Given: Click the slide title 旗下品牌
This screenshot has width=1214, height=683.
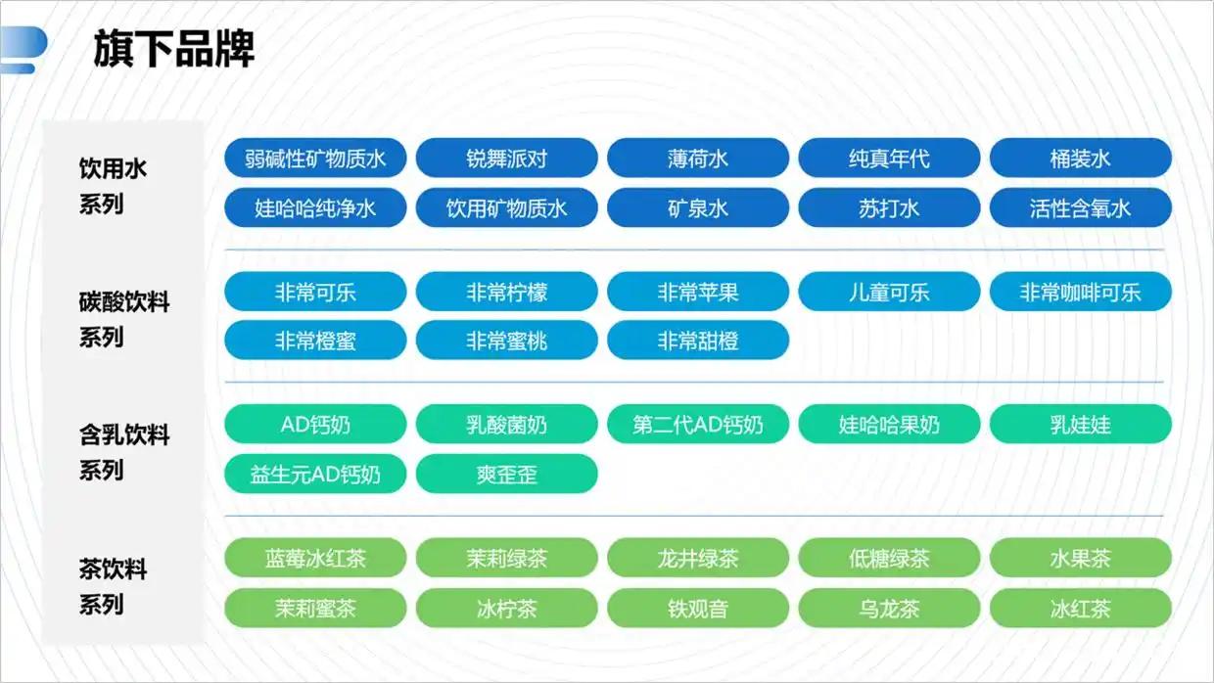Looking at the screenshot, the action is pos(174,49).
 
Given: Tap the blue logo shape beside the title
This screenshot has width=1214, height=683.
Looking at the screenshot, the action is pos(23,49).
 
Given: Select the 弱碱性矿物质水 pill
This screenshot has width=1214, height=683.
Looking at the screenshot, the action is pos(315,159).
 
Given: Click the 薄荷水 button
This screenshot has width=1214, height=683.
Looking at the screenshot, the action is pos(698,159).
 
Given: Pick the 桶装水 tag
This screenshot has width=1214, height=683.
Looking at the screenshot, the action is pos(1081,159).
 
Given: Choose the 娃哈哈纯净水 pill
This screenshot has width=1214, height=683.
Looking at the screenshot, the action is pos(315,207).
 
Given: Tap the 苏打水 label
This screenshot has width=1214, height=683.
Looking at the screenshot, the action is pos(889,207).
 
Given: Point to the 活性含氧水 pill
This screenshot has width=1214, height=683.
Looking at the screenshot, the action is pos(1081,207).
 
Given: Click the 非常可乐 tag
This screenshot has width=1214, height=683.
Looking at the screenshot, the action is pos(315,292).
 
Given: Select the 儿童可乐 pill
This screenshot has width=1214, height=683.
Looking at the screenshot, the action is pos(889,292).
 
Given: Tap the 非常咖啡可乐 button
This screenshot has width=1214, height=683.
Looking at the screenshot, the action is pos(1081,292).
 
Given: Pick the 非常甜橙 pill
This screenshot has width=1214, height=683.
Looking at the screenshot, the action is pos(698,341).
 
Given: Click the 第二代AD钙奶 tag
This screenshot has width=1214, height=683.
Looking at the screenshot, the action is pos(698,424).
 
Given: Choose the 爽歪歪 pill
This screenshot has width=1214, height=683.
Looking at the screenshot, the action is pos(507,474).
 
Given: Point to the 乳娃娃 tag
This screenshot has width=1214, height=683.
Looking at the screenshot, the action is pos(1081,424).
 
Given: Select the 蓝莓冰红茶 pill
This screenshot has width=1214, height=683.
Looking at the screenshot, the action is pos(315,558).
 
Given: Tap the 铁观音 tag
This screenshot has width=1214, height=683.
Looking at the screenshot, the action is pos(698,609).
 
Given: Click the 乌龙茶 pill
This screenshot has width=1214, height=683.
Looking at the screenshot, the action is pos(889,609).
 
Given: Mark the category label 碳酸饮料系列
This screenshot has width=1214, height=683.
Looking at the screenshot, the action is pos(124,320).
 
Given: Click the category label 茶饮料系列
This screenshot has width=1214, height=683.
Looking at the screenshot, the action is pos(113,586).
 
